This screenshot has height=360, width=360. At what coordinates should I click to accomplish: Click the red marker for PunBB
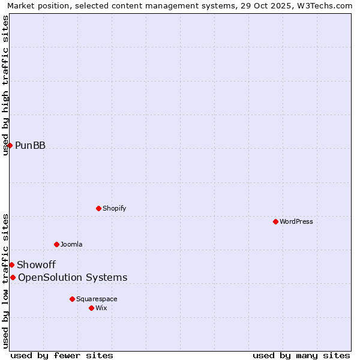click(x=10, y=145)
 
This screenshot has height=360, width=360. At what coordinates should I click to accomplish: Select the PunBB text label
click(x=30, y=146)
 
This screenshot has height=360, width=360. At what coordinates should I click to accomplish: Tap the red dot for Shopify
click(x=98, y=208)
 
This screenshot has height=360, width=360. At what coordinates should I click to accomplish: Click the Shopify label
click(x=114, y=209)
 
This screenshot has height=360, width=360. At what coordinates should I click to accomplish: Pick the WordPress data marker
click(x=275, y=221)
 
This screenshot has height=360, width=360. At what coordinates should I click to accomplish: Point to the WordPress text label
click(x=296, y=222)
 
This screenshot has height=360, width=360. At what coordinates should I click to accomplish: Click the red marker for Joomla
click(x=56, y=244)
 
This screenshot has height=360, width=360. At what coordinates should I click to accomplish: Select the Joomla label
click(x=71, y=245)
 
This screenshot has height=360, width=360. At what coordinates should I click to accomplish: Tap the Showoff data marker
click(x=11, y=265)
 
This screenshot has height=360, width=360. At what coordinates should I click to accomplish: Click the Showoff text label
click(x=36, y=265)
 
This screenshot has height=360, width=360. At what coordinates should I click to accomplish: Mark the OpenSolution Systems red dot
click(x=13, y=277)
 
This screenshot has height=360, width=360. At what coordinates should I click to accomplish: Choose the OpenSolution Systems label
click(x=73, y=278)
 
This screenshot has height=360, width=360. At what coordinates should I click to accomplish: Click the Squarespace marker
click(x=72, y=299)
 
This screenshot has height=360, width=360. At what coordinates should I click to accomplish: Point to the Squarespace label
click(x=97, y=299)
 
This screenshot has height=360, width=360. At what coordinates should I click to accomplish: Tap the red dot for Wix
click(x=91, y=308)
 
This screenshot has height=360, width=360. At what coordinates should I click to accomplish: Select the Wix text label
click(x=101, y=308)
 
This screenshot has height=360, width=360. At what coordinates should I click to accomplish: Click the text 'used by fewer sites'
click(x=62, y=355)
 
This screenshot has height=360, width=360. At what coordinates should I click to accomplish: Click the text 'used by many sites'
click(x=301, y=355)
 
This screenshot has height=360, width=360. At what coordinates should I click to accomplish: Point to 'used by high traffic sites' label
click(x=5, y=85)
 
